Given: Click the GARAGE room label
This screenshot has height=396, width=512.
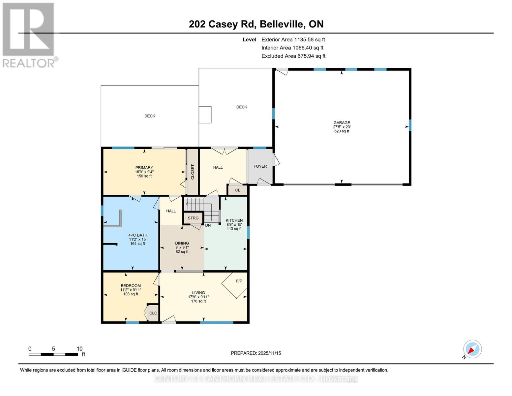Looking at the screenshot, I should (342, 123).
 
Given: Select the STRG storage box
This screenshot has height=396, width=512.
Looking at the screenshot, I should (193, 218).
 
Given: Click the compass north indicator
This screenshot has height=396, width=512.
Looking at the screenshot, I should (472, 349).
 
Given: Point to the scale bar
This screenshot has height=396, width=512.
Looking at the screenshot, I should (53, 354).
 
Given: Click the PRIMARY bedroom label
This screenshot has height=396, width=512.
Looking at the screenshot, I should (144, 168).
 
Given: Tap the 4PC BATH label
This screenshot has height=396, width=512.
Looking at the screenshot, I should (138, 235).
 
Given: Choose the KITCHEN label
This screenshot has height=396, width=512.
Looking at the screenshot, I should (234, 220).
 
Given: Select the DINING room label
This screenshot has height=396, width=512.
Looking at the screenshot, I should (182, 243).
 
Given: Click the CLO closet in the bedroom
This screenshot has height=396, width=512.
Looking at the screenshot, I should (153, 313).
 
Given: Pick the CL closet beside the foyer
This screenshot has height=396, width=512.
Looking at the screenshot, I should (238, 190).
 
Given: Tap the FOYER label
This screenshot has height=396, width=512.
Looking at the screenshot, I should (260, 166).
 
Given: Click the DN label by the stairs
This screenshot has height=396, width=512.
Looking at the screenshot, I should (208, 225).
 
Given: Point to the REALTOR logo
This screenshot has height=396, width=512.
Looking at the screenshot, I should (29, 35).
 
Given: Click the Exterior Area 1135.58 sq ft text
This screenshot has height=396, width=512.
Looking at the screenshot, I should (293, 40).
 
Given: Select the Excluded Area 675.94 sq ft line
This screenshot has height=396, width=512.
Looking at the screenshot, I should (293, 56).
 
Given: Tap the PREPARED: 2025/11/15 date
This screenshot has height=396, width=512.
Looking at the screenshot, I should (256, 353).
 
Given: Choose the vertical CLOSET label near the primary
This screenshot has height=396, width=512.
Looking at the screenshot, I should (193, 172).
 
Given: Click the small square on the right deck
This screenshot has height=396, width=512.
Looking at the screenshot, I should (205, 115).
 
